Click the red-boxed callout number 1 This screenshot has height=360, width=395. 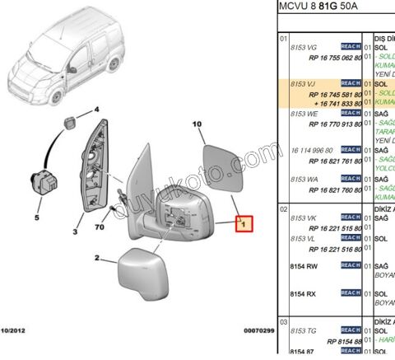(244, 223)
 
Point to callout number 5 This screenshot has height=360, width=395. (36, 218)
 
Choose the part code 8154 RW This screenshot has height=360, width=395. (304, 266)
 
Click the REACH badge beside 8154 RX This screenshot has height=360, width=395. (351, 292)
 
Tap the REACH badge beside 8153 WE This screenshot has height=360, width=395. (351, 113)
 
